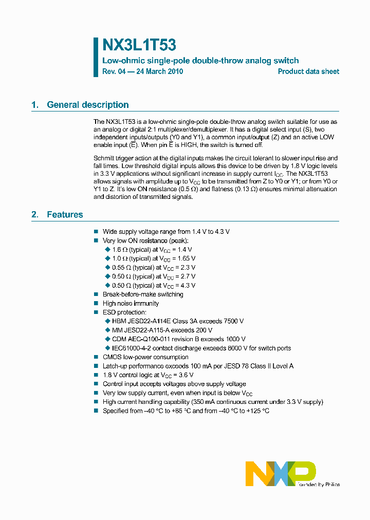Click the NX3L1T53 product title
pos(140,46)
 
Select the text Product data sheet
pos(308,71)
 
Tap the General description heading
pos(87,105)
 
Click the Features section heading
pos(65,215)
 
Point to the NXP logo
pos(280,473)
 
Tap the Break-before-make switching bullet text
pos(143,294)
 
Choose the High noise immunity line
pos(131,304)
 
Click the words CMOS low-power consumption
pos(145,357)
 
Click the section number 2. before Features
pos(34,215)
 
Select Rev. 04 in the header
pos(114,71)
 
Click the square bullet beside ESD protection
pos(96,312)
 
